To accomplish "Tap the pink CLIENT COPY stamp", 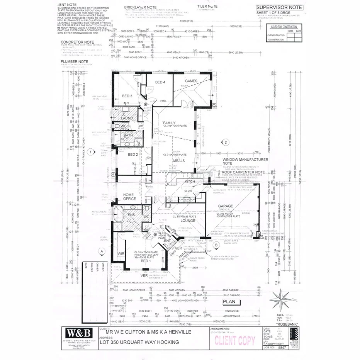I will pyautogui.click(x=235, y=340).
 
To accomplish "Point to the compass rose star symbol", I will pyautogui.click(x=281, y=300).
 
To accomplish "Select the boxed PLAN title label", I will pyautogui.click(x=231, y=302).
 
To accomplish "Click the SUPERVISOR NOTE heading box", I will pyautogui.click(x=280, y=8).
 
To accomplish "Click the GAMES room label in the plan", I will pyautogui.click(x=191, y=81).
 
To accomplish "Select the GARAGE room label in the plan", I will pyautogui.click(x=226, y=206).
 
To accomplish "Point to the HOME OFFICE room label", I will pyautogui.click(x=129, y=197).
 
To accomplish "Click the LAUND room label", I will pyautogui.click(x=127, y=118).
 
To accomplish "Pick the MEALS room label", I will pyautogui.click(x=178, y=161).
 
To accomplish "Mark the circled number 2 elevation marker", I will pyautogui.click(x=227, y=141).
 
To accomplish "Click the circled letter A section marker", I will pyautogui.click(x=102, y=251).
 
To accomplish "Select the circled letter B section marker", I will pyautogui.click(x=216, y=244).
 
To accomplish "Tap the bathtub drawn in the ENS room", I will pyautogui.click(x=118, y=213).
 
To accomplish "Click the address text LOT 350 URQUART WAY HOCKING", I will pyautogui.click(x=139, y=342).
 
